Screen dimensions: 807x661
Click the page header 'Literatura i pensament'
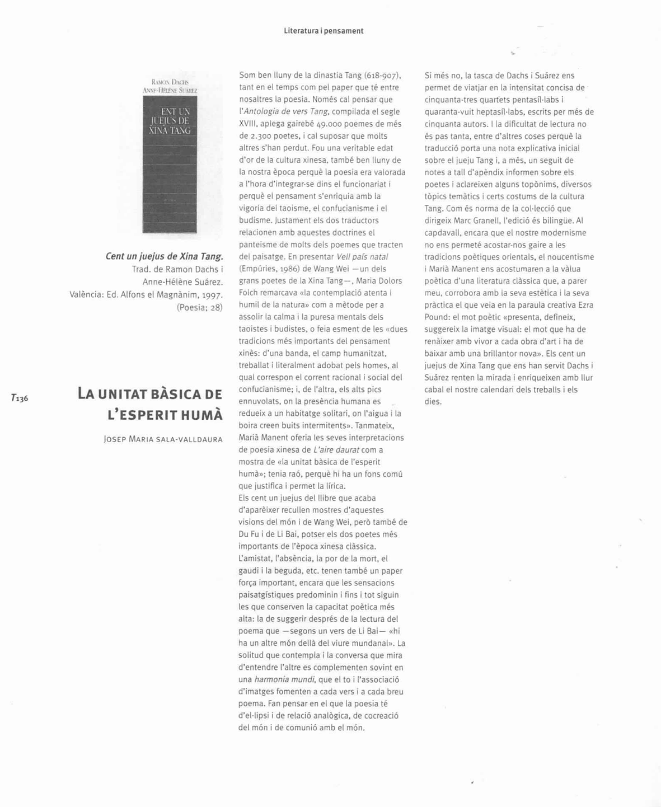tap(324, 31)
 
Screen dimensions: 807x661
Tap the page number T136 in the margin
tap(20, 398)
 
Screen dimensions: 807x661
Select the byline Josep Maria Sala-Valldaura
tap(163, 439)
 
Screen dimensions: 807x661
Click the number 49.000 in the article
tap(329, 124)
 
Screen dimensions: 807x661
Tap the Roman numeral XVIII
tap(247, 124)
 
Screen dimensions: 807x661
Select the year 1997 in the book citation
tap(212, 295)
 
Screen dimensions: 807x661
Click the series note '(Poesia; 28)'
tap(199, 307)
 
